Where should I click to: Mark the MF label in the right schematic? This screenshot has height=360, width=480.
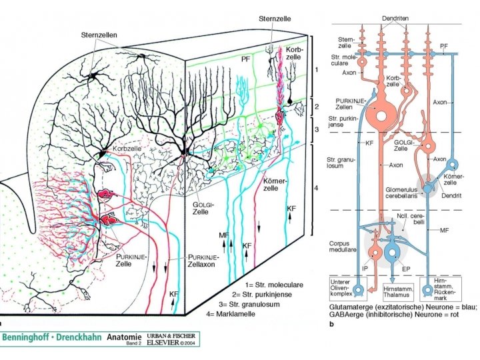tap(442, 230)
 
